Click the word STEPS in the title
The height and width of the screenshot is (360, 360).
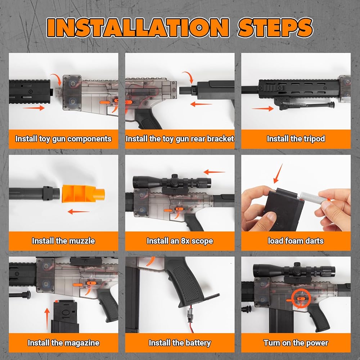(275, 28)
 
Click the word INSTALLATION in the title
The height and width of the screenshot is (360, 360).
(138, 28)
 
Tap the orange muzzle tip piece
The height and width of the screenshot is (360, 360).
(83, 193)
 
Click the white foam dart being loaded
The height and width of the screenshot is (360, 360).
(310, 196)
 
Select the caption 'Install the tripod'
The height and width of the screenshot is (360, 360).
(296, 139)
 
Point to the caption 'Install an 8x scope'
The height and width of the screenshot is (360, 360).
(180, 241)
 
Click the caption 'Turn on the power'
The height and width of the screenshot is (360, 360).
(296, 343)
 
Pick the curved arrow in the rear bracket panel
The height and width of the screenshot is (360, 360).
(189, 77)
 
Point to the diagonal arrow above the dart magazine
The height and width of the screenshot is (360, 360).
(278, 174)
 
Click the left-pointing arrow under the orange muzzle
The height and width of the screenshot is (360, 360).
(78, 211)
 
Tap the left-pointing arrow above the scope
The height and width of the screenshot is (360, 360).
(215, 172)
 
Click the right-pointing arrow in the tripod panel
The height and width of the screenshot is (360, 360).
(262, 108)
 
